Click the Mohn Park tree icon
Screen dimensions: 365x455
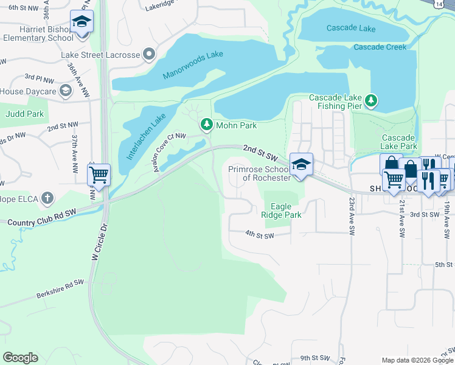tap(207, 125)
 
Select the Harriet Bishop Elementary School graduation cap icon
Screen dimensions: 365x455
tap(82, 23)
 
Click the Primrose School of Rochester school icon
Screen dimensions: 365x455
tap(301, 165)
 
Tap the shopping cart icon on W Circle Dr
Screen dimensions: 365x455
tap(99, 176)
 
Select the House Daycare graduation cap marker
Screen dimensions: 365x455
tap(66, 91)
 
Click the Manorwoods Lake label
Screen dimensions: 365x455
tap(193, 65)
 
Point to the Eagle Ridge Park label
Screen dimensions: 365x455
tap(281, 210)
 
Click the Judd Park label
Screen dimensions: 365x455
tap(25, 113)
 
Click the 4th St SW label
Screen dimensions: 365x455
tap(260, 234)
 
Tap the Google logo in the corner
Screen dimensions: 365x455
tap(20, 358)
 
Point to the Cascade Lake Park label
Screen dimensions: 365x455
tap(399, 142)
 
